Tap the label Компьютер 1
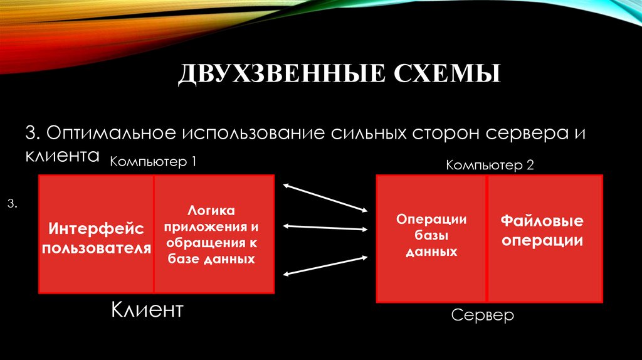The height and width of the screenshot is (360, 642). [154, 162]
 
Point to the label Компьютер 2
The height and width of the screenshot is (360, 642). [490, 166]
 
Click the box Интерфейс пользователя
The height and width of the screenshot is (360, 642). [97, 235]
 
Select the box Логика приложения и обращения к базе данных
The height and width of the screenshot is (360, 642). [214, 234]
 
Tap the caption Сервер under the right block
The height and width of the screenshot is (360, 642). [482, 314]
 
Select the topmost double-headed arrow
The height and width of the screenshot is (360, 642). [325, 196]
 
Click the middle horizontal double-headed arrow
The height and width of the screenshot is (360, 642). [325, 227]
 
